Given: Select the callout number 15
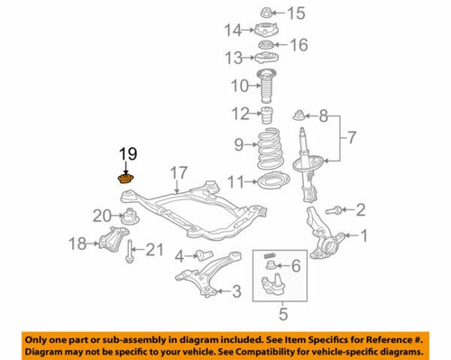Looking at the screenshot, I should click(x=296, y=12).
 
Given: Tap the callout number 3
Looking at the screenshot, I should click(x=235, y=291).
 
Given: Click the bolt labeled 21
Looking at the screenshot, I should click(x=132, y=254).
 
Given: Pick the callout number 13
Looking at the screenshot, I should click(x=233, y=58).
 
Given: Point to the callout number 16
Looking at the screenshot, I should click(x=298, y=44).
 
